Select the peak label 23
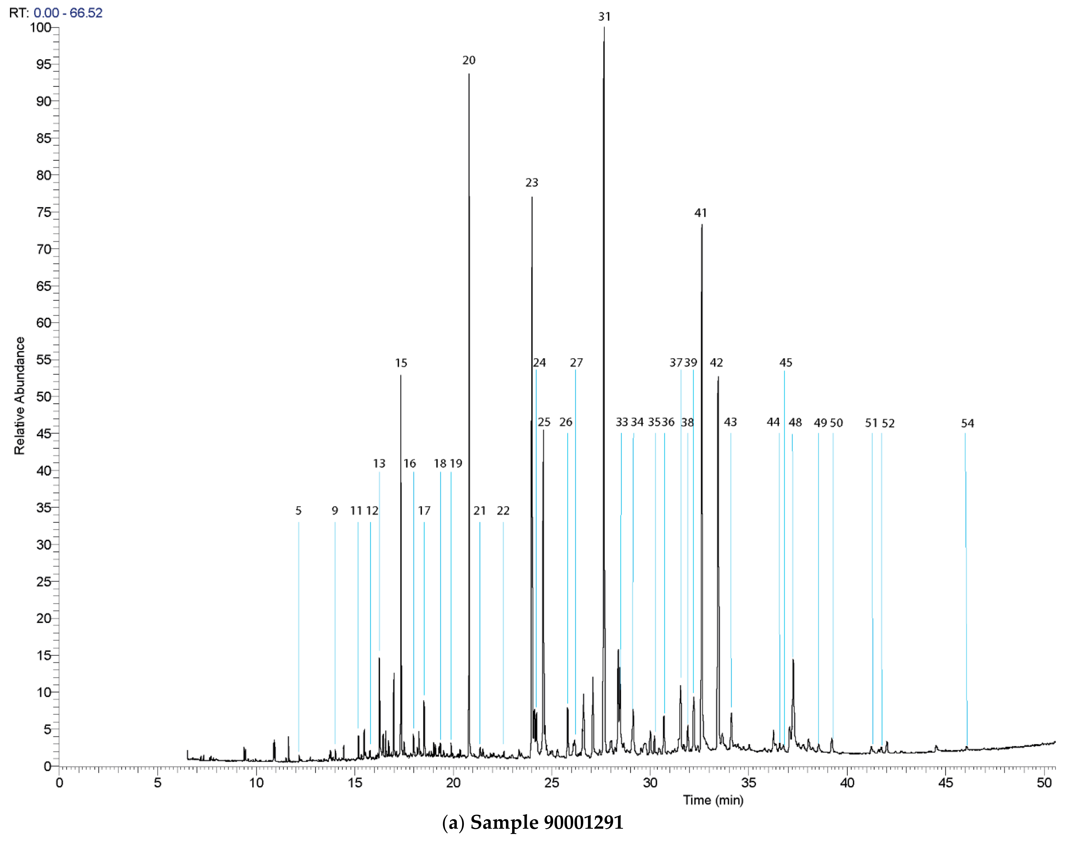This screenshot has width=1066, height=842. click(x=532, y=183)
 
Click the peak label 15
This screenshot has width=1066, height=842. click(x=401, y=363)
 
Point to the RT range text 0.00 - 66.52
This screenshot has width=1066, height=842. click(x=68, y=13)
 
